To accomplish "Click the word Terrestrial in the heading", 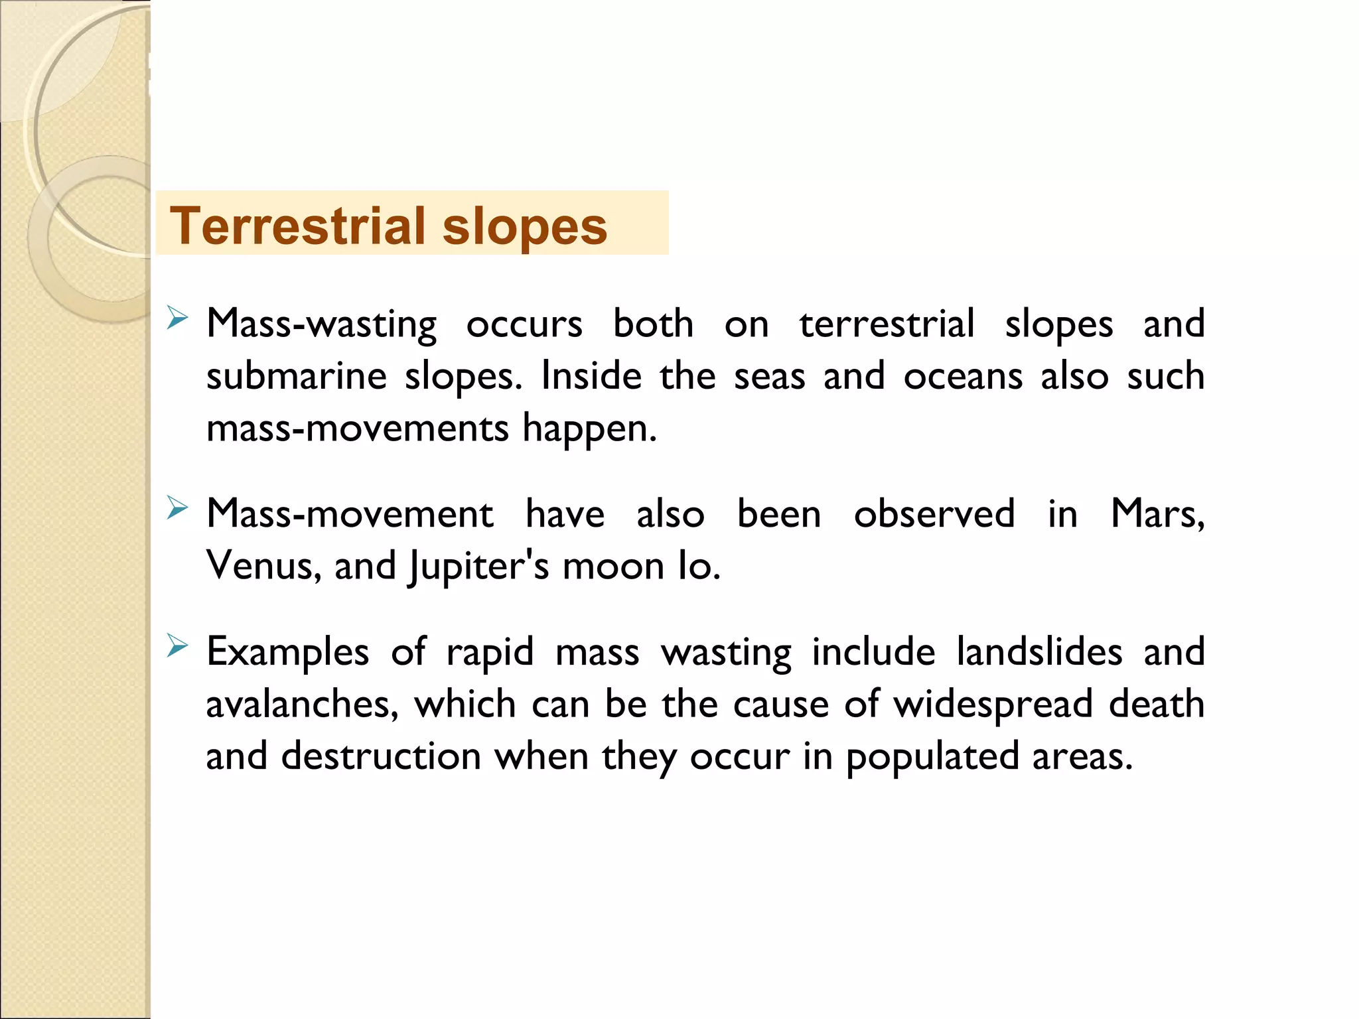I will [x=298, y=226].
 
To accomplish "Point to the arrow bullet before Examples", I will [x=177, y=645].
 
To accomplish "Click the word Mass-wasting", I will [x=321, y=324].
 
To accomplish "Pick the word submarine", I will [x=296, y=377].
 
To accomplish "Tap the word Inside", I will [x=591, y=376].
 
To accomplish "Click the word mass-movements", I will [x=357, y=429].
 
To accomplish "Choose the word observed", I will [x=934, y=514].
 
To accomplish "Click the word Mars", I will [x=1157, y=514].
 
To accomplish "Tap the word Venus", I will [x=263, y=566].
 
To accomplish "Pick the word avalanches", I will [x=302, y=704].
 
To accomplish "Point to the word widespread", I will [x=993, y=705].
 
